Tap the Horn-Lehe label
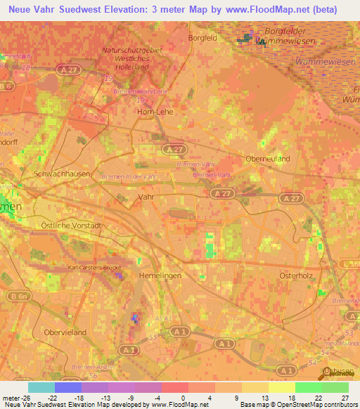pos(155,111)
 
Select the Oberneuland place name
pos(267,159)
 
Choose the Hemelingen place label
pos(160,276)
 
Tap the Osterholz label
pos(295,275)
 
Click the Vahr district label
pos(146,198)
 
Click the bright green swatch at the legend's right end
pos(335,387)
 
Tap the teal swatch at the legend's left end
pos(41,387)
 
